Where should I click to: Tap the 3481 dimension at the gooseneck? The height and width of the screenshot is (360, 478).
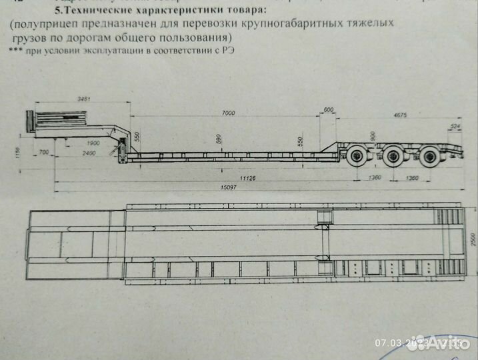click(83, 99)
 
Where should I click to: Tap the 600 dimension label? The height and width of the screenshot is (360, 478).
click(327, 109)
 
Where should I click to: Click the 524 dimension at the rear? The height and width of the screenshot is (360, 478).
click(456, 126)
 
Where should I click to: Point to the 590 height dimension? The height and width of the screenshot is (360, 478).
click(217, 139)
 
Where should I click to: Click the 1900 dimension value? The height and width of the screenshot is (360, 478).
click(91, 144)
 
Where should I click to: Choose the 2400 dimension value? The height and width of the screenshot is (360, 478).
click(88, 153)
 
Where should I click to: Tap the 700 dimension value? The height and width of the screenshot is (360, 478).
click(44, 153)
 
